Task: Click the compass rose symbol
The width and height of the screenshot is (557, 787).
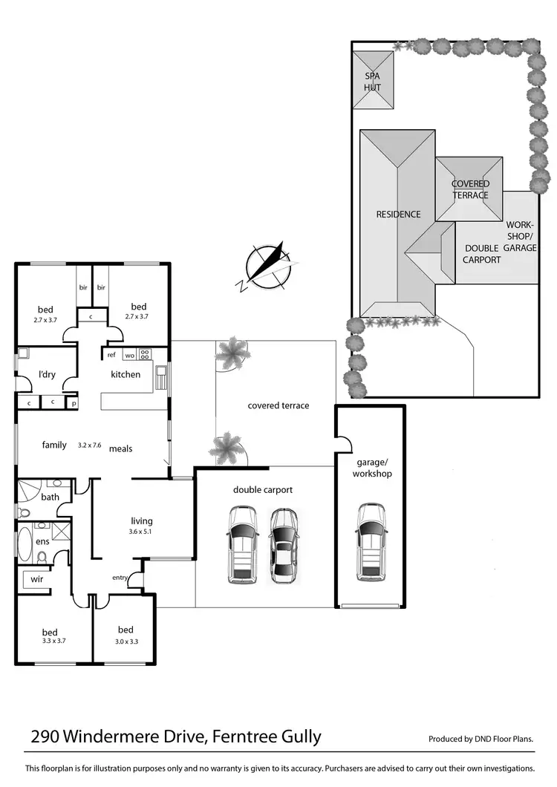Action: pos(268,266)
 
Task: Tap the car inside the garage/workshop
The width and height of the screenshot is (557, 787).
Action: pos(371,541)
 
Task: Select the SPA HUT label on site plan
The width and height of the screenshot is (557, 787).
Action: pos(372,82)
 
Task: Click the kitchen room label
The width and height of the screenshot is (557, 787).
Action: pos(126,374)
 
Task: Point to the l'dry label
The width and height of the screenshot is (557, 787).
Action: pos(47,374)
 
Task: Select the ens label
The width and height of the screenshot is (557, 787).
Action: pos(42,542)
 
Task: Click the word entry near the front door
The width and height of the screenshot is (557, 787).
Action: pos(120,578)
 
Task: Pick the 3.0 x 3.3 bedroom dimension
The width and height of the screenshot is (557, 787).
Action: pos(126,641)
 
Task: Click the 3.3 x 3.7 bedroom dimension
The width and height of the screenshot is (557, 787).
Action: pos(49,641)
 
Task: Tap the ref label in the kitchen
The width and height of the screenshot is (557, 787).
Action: pos(111,355)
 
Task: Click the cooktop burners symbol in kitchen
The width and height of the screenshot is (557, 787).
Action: pos(145,354)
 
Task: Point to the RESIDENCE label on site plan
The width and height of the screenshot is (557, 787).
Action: pos(398,215)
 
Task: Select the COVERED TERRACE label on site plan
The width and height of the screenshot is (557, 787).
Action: pos(471,189)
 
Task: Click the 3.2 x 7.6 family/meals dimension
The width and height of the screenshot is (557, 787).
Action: pos(89,445)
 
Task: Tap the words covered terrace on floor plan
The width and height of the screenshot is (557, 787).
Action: pos(278,405)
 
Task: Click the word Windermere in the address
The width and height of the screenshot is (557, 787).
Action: pos(135,737)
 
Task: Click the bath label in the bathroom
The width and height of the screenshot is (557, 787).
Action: pos(51,497)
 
